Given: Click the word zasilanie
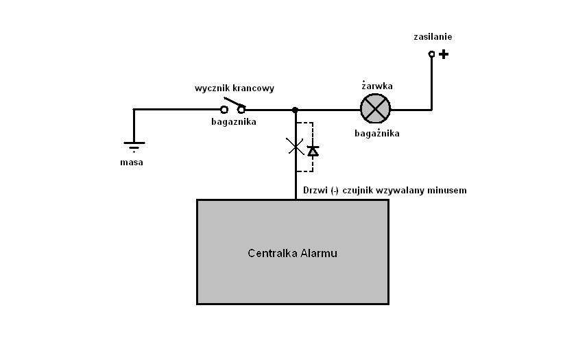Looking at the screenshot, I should tap(433, 36).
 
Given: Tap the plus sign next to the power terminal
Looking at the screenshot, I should tap(444, 53).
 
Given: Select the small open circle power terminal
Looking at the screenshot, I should tap(431, 53).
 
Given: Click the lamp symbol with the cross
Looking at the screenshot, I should tap(375, 108).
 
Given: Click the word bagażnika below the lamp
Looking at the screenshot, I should tap(376, 133).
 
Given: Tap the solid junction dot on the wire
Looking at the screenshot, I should tap(295, 110).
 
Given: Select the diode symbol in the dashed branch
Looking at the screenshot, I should tap(313, 150).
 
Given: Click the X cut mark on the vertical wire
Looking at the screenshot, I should tap(295, 145).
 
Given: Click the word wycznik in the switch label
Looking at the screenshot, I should tap(213, 88).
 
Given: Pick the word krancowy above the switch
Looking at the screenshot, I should tap(254, 88).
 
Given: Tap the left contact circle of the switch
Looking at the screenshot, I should tap(224, 110).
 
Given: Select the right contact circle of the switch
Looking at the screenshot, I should tap(241, 110).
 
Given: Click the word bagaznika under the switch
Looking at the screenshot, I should tap(233, 122).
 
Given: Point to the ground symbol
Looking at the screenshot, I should tap(134, 145).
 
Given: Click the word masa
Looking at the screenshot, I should tap(132, 163).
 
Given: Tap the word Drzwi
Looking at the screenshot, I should tap(315, 190).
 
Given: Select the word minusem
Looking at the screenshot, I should tap(446, 190).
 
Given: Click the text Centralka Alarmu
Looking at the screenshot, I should tap(292, 253).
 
